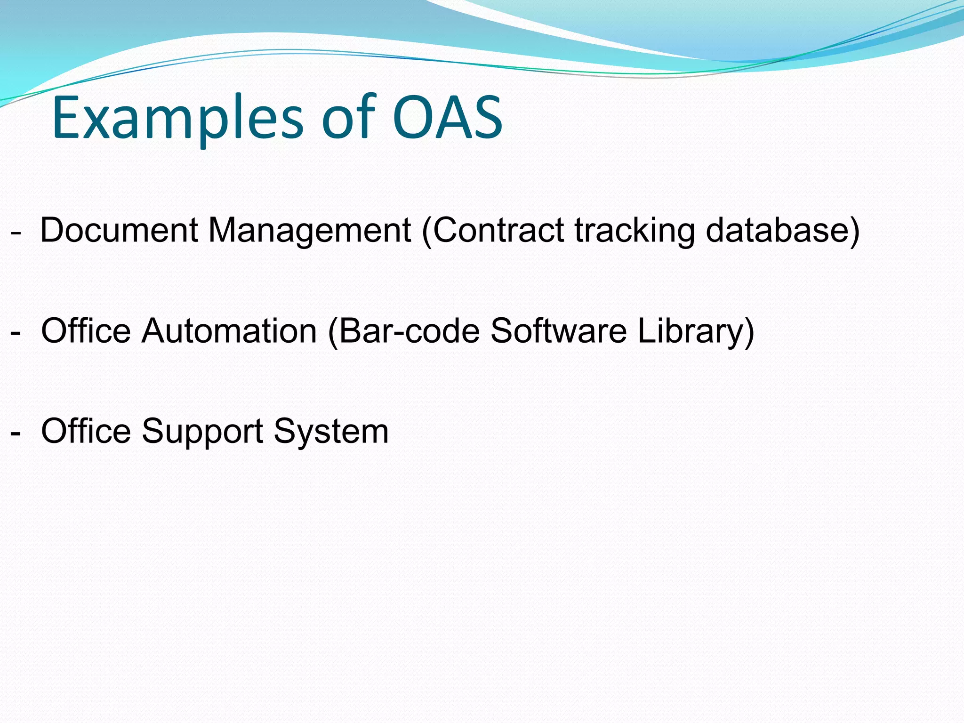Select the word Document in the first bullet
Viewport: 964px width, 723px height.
pyautogui.click(x=119, y=230)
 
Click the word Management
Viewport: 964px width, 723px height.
pyautogui.click(x=310, y=230)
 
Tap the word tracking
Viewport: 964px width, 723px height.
pyautogui.click(x=635, y=230)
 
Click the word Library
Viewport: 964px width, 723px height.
pyautogui.click(x=692, y=330)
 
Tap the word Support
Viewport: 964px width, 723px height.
pyautogui.click(x=202, y=431)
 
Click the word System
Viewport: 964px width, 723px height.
pyautogui.click(x=331, y=431)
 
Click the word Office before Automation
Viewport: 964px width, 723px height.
pyautogui.click(x=86, y=330)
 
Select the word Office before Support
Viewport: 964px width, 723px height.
pyautogui.click(x=86, y=431)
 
